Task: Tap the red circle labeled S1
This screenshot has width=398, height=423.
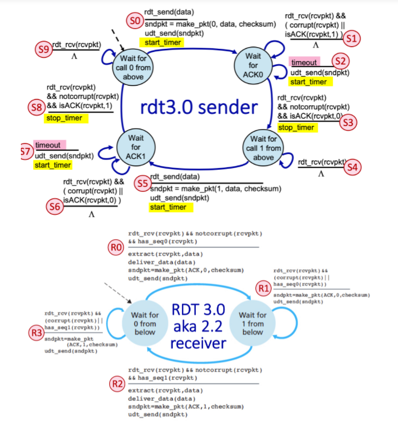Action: click(x=351, y=38)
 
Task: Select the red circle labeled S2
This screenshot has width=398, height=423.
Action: click(x=340, y=61)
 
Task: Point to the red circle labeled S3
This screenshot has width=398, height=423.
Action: click(x=348, y=123)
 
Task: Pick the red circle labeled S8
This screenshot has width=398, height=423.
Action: click(x=36, y=107)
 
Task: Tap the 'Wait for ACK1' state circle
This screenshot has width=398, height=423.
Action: click(x=136, y=147)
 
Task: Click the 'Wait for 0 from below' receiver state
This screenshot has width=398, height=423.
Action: click(x=144, y=322)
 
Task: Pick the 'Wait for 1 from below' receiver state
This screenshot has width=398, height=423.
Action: click(x=252, y=323)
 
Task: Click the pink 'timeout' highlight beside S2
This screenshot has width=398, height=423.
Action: click(x=304, y=62)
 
